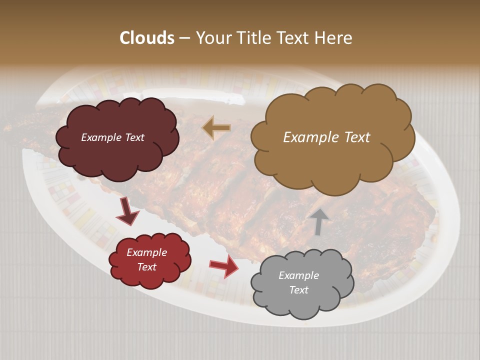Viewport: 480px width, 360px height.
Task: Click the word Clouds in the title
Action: pyautogui.click(x=147, y=38)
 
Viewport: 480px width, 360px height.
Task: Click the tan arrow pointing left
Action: pyautogui.click(x=216, y=128)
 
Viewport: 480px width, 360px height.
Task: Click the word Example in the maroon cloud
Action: pyautogui.click(x=101, y=137)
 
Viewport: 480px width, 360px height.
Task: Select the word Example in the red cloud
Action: pyautogui.click(x=146, y=252)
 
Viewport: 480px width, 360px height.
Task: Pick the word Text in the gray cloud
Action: pyautogui.click(x=298, y=290)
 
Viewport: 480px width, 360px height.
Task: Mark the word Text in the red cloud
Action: pyautogui.click(x=146, y=267)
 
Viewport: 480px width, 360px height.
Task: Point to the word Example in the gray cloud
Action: pyautogui.click(x=298, y=275)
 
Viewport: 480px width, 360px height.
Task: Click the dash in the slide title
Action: pyautogui.click(x=184, y=38)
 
